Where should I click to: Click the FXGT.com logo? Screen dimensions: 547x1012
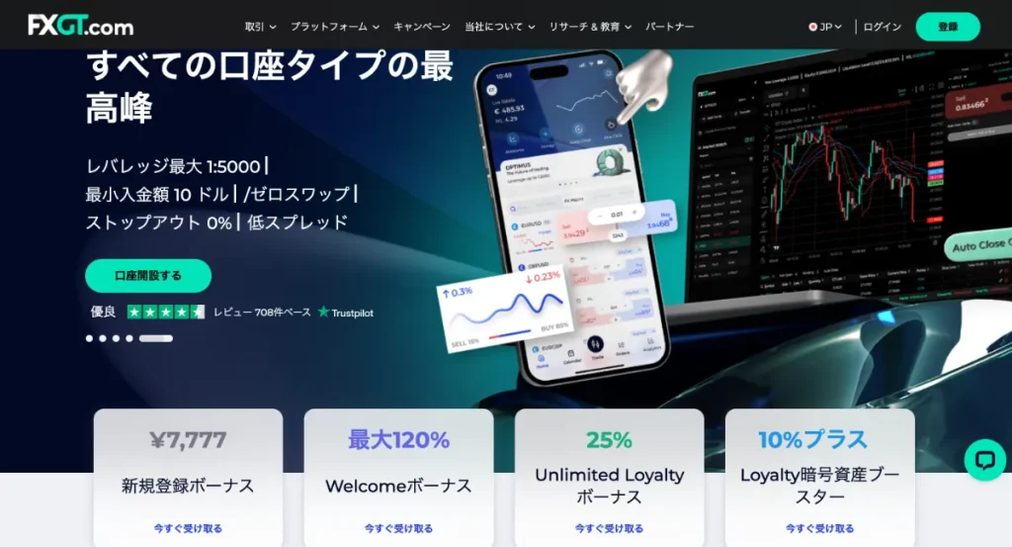pos(80,25)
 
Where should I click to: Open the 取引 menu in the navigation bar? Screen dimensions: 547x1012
pos(260,27)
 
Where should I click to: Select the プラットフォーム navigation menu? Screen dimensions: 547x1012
pos(335,27)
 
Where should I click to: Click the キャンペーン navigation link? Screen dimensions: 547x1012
pos(422,27)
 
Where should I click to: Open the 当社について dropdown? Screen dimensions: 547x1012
pos(499,27)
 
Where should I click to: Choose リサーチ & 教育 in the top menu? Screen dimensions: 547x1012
pos(591,27)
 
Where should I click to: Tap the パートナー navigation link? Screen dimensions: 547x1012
pos(670,27)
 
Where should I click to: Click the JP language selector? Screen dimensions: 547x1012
pos(825,27)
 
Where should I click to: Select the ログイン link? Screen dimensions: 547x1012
pos(882,27)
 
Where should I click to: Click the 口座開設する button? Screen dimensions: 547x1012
pos(148,276)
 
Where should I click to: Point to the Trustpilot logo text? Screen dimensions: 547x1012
pos(346,313)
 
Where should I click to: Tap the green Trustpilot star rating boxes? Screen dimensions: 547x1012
pos(166,313)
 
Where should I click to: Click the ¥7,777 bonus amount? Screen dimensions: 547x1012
pos(188,440)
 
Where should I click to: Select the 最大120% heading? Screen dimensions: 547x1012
pos(398,440)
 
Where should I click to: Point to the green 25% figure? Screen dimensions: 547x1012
pos(609,440)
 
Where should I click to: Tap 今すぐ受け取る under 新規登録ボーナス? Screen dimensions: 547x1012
pos(188,528)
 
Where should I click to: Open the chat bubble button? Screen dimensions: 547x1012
pos(984,460)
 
